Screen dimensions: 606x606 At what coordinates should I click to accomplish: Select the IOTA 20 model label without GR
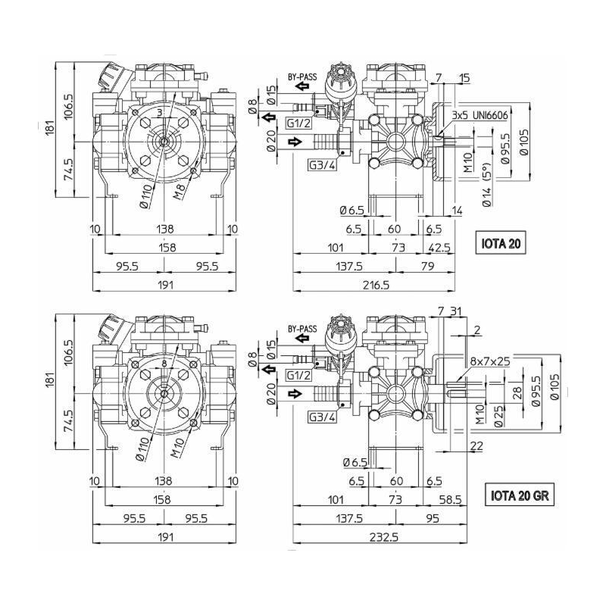(x=501, y=244)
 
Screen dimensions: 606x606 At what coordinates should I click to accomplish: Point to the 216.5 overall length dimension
(x=375, y=284)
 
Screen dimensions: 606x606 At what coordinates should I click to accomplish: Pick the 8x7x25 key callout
(x=489, y=361)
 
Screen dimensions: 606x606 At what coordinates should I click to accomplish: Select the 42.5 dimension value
(x=439, y=248)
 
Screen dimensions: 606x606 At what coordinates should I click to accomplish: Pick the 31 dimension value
(x=454, y=311)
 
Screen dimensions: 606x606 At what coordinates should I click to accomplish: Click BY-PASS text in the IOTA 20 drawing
(x=301, y=77)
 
